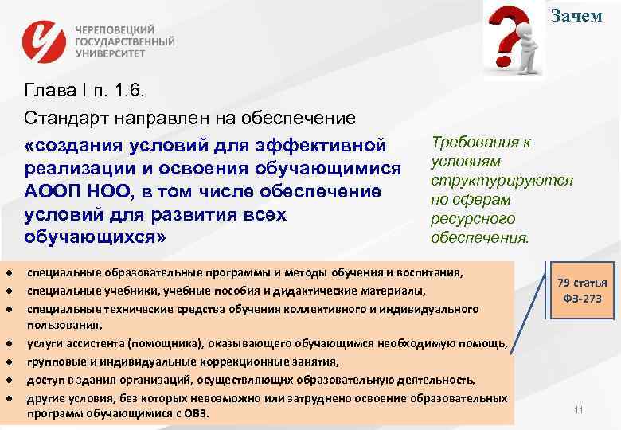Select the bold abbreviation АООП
(x=52, y=192)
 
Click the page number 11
(x=579, y=410)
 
